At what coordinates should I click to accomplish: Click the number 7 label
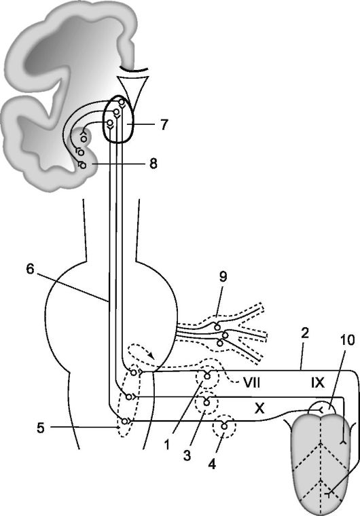coord(164,125)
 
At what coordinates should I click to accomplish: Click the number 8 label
coord(154,164)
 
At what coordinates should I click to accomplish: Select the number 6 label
coord(30,269)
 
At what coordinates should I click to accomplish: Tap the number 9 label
coord(223,277)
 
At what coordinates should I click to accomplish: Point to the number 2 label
coord(305,333)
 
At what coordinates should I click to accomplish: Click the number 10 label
coord(348,340)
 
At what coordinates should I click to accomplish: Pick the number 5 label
coord(41,428)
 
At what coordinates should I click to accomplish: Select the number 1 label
coord(167,445)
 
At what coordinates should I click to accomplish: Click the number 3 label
coord(187,456)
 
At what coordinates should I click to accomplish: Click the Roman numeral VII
coord(252,383)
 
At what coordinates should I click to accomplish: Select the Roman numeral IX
coord(317,383)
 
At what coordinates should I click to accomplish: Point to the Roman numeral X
coord(259,409)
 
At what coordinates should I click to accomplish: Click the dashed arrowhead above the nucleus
coord(151,355)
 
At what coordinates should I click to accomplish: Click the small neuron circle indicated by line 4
coord(224,426)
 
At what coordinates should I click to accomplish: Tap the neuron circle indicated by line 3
coord(206,403)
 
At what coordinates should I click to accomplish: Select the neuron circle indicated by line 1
coord(207,376)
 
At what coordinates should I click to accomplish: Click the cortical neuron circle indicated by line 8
coord(83,166)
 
